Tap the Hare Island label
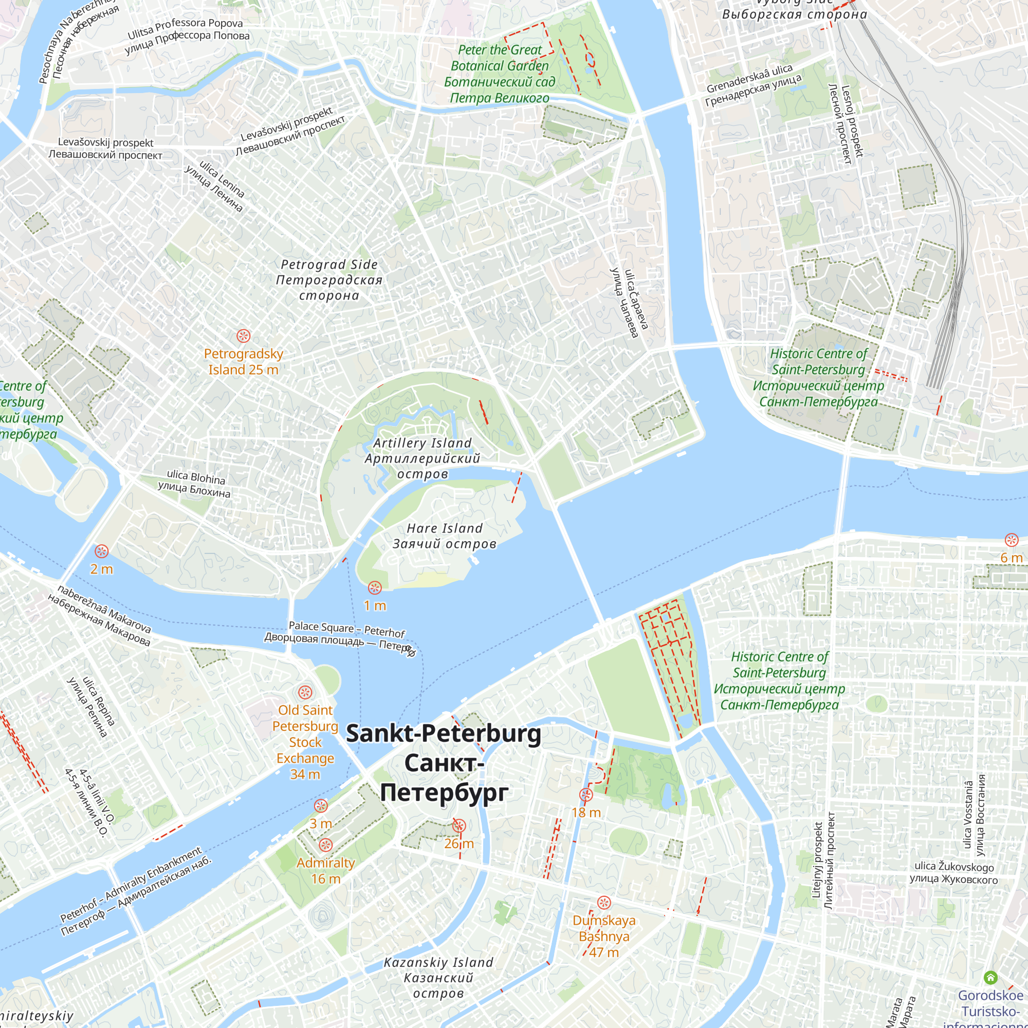[444, 536]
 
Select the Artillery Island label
[423, 458]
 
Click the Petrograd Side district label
[329, 280]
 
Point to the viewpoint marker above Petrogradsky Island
[243, 336]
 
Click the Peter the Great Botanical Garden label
[499, 74]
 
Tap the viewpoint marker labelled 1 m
[375, 588]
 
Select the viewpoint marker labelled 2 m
[102, 551]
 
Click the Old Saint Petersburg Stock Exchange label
[305, 742]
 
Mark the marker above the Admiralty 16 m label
[326, 845]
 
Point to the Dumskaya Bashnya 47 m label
[604, 937]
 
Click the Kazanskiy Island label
[438, 978]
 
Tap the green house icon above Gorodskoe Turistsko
[990, 978]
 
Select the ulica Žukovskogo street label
[953, 873]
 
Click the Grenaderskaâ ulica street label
[753, 85]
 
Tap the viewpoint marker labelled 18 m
[586, 796]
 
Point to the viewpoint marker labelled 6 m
[1011, 541]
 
